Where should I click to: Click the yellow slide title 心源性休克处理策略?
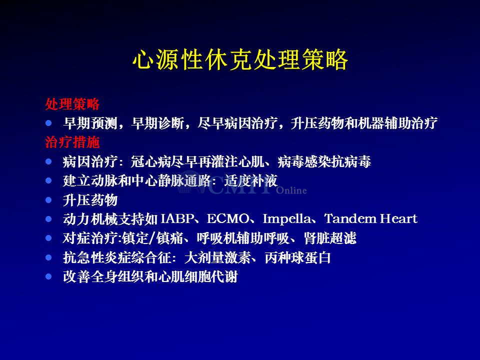[240, 59]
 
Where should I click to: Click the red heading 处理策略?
[72, 104]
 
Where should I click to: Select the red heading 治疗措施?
[72, 142]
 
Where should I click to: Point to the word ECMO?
[228, 219]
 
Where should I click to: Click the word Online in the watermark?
[291, 190]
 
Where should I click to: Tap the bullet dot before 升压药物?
[48, 200]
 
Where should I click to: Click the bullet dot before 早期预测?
[48, 123]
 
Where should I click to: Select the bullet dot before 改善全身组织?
[48, 276]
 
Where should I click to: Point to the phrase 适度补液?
[250, 180]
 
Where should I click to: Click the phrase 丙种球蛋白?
[297, 257]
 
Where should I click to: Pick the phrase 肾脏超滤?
[330, 238]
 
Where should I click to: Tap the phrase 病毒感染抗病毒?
[324, 161]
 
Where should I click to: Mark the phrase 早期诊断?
[157, 123]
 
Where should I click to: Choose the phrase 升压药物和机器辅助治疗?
[364, 123]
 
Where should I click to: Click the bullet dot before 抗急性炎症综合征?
[48, 257]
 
